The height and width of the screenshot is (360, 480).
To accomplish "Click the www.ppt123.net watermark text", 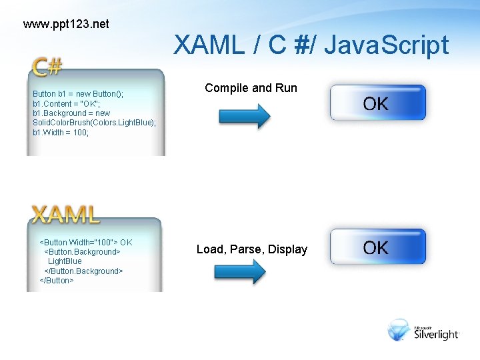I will pyautogui.click(x=65, y=25).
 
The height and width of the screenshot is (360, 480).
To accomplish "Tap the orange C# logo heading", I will pyautogui.click(x=47, y=67).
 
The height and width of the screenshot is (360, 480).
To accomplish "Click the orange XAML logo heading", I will pyautogui.click(x=66, y=214).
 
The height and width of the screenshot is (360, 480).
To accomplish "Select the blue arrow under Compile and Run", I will pyautogui.click(x=244, y=116).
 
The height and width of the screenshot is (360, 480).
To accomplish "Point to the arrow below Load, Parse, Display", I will pyautogui.click(x=239, y=272).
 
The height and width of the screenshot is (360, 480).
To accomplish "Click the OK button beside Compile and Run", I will pyautogui.click(x=377, y=103).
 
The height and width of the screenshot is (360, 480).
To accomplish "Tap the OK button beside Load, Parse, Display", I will pyautogui.click(x=377, y=247).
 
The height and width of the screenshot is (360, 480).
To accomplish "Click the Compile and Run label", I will pyautogui.click(x=251, y=88).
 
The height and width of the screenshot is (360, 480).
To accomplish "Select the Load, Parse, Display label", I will pyautogui.click(x=252, y=249).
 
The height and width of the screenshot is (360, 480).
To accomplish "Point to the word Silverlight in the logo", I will pyautogui.click(x=437, y=335).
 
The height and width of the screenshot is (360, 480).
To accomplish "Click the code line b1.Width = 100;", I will pyautogui.click(x=61, y=133).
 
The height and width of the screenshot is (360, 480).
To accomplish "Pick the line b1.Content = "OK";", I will pyautogui.click(x=67, y=104).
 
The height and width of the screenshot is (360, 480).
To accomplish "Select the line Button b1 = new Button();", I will pyautogui.click(x=78, y=94).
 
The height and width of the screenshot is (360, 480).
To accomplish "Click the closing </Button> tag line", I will pyautogui.click(x=57, y=281).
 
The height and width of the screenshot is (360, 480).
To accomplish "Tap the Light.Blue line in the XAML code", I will pyautogui.click(x=65, y=261).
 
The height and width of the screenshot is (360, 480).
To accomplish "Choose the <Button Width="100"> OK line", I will pyautogui.click(x=87, y=242).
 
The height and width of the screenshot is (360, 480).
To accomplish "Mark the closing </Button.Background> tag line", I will pyautogui.click(x=83, y=271).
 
